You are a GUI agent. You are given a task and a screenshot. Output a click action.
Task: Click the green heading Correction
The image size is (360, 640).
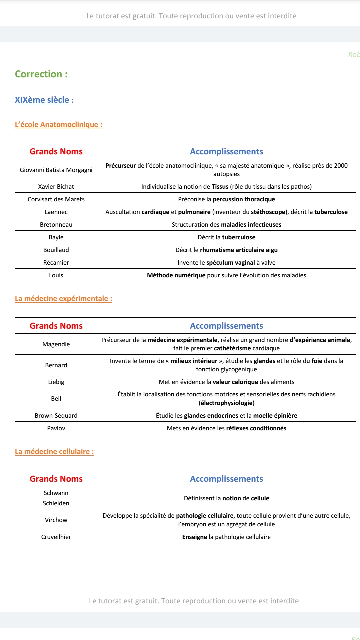pos(41,74)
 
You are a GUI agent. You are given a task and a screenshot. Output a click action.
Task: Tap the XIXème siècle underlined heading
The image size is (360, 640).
pos(42,100)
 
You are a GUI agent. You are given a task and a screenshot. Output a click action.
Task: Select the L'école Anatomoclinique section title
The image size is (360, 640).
pos(58,125)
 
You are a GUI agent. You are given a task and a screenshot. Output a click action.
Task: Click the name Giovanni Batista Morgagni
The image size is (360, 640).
pos(56,170)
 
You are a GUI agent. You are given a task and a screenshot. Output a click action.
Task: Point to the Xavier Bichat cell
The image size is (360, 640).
pos(56,187)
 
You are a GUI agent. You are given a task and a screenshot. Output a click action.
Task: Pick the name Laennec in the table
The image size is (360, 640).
pos(56,212)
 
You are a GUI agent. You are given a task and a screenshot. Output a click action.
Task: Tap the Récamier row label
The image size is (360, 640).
pos(56,263)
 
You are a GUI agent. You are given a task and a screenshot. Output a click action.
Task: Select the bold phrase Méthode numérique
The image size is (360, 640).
pos(176,275)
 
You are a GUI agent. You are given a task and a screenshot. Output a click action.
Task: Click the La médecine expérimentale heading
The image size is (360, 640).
pos(63,299)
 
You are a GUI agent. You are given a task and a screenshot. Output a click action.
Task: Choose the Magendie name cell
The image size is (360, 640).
pos(56,344)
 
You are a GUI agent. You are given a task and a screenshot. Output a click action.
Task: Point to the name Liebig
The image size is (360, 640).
pos(56,382)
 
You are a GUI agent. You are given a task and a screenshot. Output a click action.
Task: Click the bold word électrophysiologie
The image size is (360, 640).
pos(226,403)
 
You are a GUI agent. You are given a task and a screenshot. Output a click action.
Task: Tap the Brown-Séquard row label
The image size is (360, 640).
pos(56,416)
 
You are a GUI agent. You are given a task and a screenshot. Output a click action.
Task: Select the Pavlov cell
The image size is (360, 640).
pos(56,428)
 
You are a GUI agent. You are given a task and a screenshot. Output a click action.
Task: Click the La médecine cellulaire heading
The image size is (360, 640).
pos(54,452)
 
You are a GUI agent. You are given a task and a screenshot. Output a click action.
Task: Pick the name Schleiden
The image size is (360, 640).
pos(56,503)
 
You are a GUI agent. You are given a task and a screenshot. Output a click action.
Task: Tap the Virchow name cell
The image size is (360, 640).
pos(56,520)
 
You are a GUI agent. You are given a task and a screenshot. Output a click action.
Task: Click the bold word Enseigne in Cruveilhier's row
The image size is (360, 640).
pos(194,537)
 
